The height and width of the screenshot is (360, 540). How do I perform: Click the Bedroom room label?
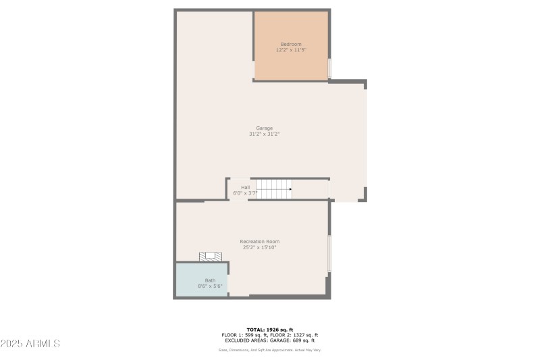[291, 45]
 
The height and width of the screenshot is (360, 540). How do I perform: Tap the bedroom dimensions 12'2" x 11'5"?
[291, 50]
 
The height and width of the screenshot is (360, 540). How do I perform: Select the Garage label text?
[264, 128]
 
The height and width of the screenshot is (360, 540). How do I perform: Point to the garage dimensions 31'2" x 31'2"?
[264, 134]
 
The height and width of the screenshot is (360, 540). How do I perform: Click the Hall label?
[245, 187]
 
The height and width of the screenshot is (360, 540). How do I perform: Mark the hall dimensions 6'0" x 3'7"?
[245, 193]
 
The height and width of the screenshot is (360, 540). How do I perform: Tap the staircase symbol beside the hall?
[274, 189]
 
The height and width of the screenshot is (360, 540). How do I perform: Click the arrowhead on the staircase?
[290, 189]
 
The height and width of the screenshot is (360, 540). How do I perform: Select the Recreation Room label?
[260, 241]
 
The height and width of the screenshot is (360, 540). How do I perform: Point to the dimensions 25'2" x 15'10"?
[260, 247]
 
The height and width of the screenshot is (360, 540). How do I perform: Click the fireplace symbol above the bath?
[211, 256]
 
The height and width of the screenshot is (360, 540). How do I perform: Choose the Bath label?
[211, 280]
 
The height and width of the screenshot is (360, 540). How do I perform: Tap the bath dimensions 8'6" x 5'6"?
[211, 286]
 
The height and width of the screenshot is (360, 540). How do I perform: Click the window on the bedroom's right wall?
[329, 68]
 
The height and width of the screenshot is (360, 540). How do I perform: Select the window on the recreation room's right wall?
[329, 253]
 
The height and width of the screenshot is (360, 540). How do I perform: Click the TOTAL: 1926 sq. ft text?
[269, 330]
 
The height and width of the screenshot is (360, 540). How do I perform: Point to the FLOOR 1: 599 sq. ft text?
[244, 335]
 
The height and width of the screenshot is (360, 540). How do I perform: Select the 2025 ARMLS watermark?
[30, 344]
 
